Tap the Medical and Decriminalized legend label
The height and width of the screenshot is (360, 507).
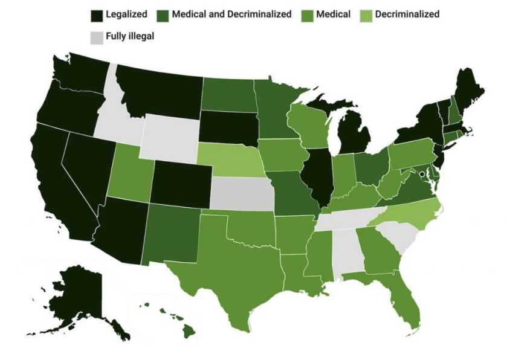click(231, 14)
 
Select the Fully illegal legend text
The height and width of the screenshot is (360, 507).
click(130, 36)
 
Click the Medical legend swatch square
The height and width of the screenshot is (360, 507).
click(308, 14)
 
